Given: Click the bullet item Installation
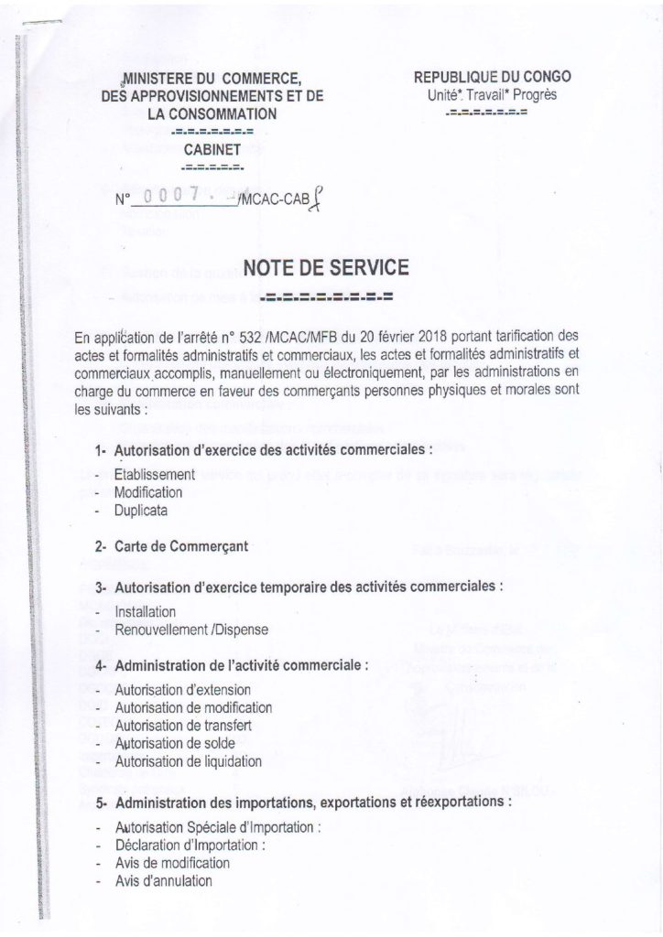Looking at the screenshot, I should pos(147,610).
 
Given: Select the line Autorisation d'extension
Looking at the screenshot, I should pos(183,691).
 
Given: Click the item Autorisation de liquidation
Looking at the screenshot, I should pos(188,759).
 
